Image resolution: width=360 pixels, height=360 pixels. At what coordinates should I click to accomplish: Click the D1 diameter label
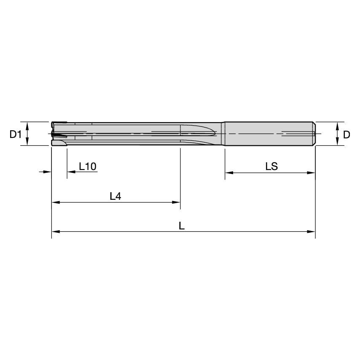tap(16, 134)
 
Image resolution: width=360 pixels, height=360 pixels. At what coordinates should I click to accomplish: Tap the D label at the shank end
tap(346, 134)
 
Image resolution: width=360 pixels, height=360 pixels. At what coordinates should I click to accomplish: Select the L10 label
tap(88, 167)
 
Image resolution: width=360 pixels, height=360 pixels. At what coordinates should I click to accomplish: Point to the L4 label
tap(115, 196)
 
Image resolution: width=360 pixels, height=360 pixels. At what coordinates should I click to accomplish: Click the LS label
tap(271, 167)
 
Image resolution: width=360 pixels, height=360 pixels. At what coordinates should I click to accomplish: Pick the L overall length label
tap(182, 226)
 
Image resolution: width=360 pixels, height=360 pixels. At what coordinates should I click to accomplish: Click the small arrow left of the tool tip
tap(48, 172)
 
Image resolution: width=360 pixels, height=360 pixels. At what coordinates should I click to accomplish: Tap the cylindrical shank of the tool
tap(270, 134)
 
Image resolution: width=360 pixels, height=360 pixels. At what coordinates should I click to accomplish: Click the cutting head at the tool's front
tap(59, 134)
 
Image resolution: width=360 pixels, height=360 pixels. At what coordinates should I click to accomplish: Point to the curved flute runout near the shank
tap(202, 131)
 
